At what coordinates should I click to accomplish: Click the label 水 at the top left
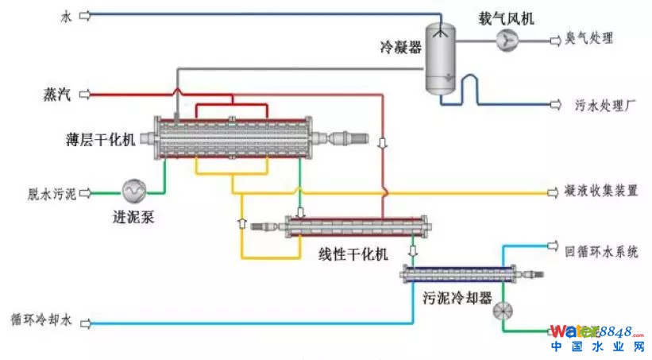point(66,14)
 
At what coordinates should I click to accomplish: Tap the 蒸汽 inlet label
point(57,95)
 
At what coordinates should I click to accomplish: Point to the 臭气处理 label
point(588,38)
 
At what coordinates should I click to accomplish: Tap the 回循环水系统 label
point(601,252)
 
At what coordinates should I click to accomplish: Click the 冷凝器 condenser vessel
point(437,57)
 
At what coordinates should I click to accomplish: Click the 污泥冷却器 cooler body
point(461,275)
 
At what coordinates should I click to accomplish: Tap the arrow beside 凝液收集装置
point(549,192)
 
